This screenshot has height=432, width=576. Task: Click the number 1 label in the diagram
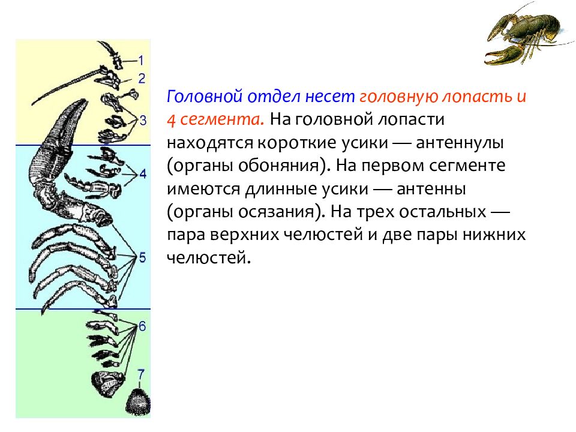[141, 60]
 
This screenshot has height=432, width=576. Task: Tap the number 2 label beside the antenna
[142, 78]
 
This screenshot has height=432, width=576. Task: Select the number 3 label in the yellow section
[143, 120]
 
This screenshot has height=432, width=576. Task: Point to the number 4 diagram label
[143, 173]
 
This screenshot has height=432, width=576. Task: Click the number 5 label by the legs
[142, 257]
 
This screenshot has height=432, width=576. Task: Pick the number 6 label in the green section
[142, 326]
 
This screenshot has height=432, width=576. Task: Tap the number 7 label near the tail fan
[141, 374]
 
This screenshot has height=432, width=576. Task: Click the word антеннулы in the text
[460, 143]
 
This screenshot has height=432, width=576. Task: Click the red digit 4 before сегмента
[171, 120]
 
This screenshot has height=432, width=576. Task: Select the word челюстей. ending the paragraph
[209, 257]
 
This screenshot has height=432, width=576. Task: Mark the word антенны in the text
[431, 189]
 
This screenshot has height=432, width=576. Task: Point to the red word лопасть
[477, 96]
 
